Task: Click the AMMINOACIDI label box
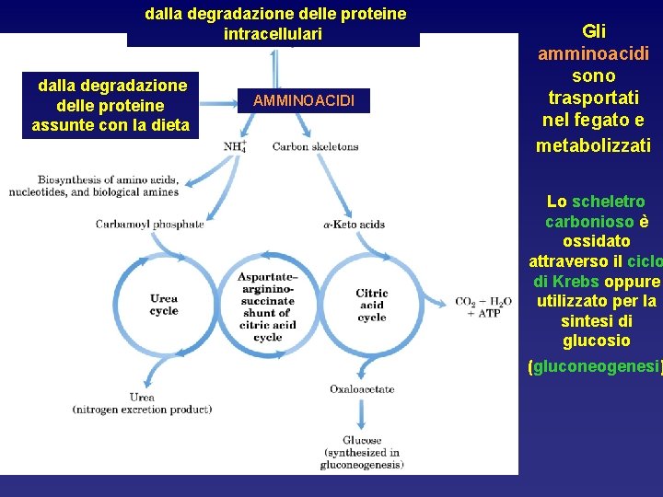[x=303, y=100]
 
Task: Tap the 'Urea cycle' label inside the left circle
[x=164, y=305]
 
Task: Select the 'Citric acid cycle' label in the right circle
[x=372, y=305]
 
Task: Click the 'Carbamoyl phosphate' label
[x=150, y=224]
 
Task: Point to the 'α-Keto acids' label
[x=354, y=224]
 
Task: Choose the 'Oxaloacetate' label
[x=362, y=389]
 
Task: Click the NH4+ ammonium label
[x=235, y=146]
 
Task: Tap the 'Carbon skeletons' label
[x=315, y=146]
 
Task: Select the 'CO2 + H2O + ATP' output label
[x=483, y=306]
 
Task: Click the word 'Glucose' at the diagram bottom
[x=361, y=440]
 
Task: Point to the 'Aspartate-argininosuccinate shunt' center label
[x=267, y=306]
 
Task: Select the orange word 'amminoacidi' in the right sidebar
[x=593, y=53]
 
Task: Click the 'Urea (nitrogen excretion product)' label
[x=142, y=402]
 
